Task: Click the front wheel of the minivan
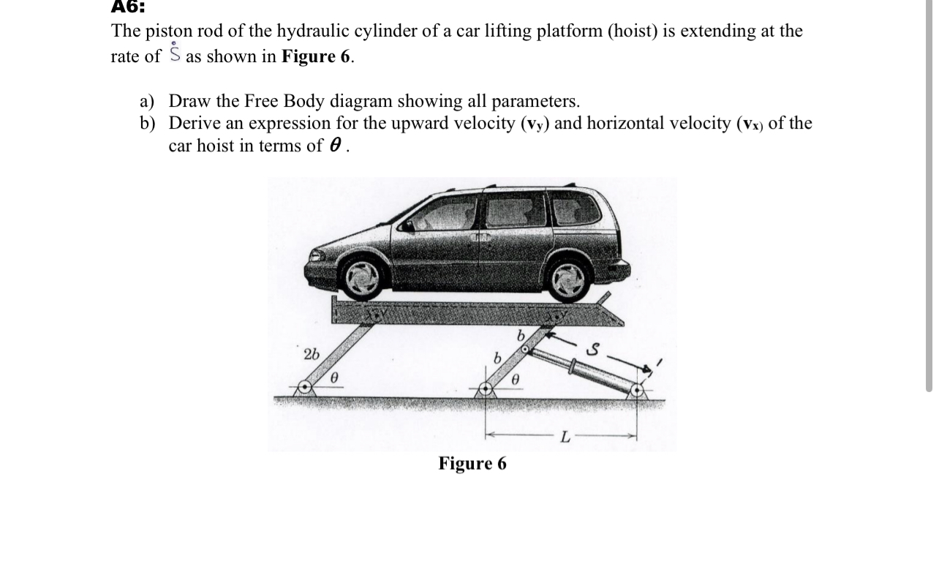click(x=362, y=277)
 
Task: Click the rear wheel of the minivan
click(x=568, y=279)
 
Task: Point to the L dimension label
click(x=565, y=437)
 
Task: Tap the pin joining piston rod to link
click(x=525, y=352)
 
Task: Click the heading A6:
click(x=128, y=7)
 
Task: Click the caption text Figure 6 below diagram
click(x=472, y=464)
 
